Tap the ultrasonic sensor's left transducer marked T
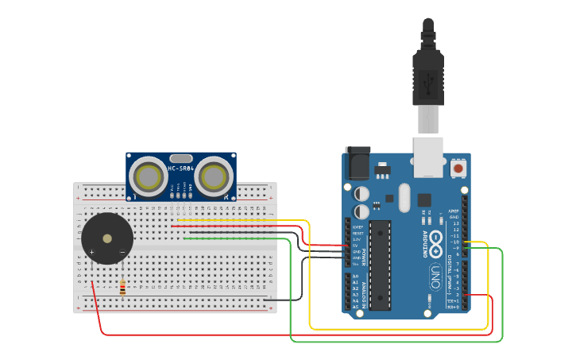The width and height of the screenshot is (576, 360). pyautogui.click(x=147, y=176)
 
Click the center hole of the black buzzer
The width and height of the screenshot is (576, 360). pyautogui.click(x=107, y=238)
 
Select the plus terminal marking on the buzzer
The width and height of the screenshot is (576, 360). pyautogui.click(x=92, y=253)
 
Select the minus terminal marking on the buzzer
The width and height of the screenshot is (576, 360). pyautogui.click(x=122, y=253)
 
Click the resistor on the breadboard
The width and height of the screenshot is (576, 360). pyautogui.click(x=122, y=288)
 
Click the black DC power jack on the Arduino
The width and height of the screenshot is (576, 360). pyautogui.click(x=358, y=163)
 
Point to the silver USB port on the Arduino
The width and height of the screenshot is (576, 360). pyautogui.click(x=429, y=156)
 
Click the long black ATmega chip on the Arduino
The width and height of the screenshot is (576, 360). pyautogui.click(x=381, y=265)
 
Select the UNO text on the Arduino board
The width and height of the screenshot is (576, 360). pyautogui.click(x=435, y=277)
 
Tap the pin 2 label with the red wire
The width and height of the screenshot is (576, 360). pyautogui.click(x=455, y=295)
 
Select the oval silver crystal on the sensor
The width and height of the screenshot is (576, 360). pyautogui.click(x=180, y=158)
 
